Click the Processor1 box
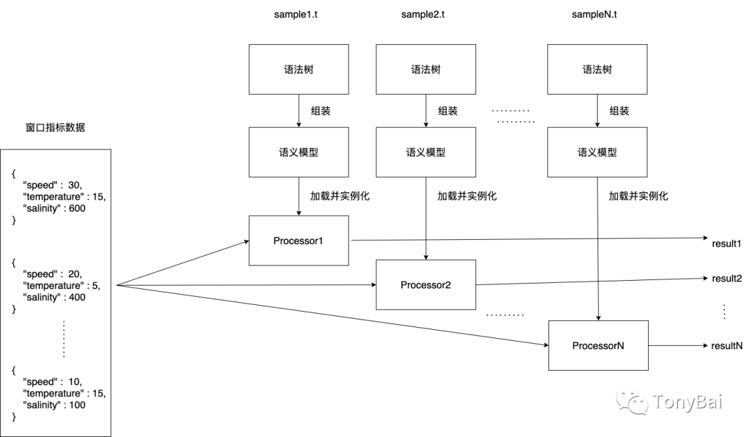[299, 241]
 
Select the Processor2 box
[425, 285]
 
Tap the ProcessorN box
[598, 345]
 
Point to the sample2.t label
[425, 15]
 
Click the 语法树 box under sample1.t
[299, 70]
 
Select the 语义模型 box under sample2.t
[425, 152]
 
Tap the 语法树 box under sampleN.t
[597, 70]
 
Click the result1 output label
[726, 245]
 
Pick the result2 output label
[726, 278]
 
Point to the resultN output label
[726, 345]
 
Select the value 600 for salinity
[77, 208]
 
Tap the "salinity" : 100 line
[55, 405]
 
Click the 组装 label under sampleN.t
[619, 111]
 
